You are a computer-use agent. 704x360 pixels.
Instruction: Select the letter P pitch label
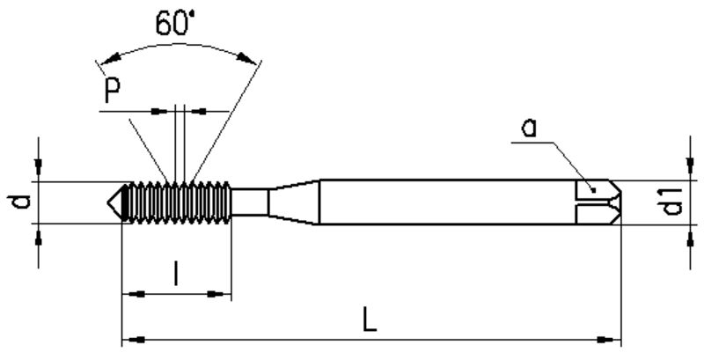(x=112, y=92)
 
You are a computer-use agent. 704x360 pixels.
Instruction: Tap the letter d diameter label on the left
(x=21, y=202)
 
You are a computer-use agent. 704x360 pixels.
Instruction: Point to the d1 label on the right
(x=672, y=202)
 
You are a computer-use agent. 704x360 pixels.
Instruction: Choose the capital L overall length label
(x=369, y=320)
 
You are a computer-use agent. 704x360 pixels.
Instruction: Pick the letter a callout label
(x=529, y=128)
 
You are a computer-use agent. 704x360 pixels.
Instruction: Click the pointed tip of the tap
(x=107, y=202)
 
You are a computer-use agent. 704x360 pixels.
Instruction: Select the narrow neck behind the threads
(x=250, y=202)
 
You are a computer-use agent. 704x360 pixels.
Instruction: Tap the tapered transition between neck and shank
(x=294, y=202)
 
